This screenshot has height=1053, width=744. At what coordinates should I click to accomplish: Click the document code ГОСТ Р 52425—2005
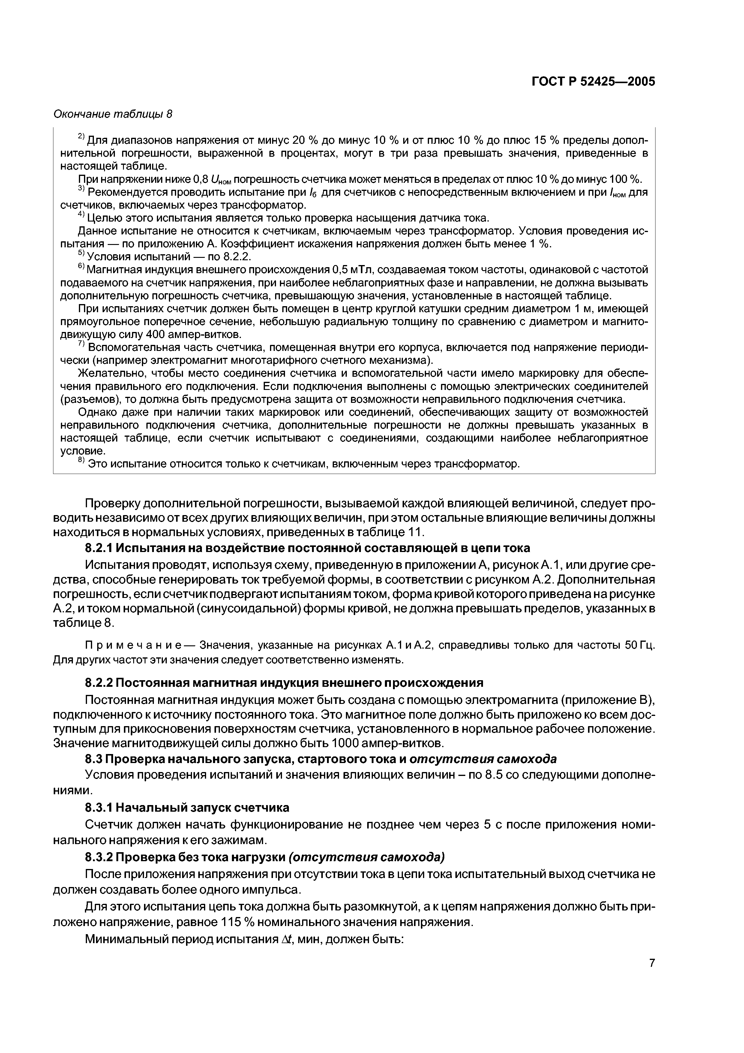[593, 82]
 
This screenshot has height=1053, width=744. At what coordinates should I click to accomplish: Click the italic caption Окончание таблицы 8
[113, 114]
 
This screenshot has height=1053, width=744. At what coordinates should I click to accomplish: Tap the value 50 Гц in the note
[638, 646]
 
